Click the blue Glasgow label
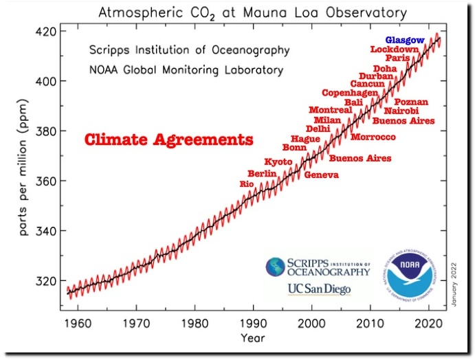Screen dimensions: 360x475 point(405,41)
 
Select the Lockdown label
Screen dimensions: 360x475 point(394,49)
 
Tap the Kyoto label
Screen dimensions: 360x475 point(278,161)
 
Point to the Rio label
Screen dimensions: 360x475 point(247,184)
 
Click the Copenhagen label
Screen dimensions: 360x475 point(351,93)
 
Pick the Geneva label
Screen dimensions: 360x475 point(321,175)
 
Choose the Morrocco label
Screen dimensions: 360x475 point(373,137)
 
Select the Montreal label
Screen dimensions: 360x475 point(330,110)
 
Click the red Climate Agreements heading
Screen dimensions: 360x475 point(168,140)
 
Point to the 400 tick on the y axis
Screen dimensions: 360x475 point(48,81)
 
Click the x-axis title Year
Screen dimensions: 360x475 point(253,338)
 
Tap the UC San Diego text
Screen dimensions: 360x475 point(318,289)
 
